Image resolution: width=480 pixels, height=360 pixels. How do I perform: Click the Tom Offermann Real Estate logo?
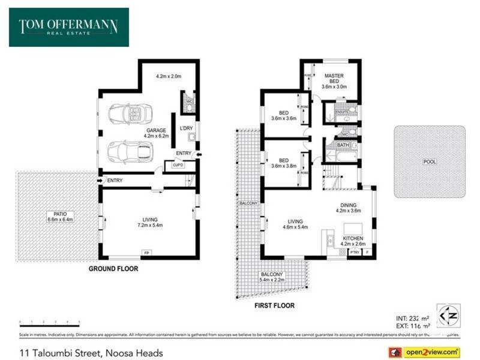click(68, 27)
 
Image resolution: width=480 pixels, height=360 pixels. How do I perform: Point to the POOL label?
click(430, 162)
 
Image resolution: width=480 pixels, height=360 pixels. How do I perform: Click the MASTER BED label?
click(334, 81)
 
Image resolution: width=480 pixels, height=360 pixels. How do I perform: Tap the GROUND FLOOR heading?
click(113, 269)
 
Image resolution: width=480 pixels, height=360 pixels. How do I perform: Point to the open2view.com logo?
click(424, 352)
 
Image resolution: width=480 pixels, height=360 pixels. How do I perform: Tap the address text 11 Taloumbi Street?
click(91, 353)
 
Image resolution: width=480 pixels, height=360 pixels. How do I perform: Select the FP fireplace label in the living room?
click(146, 253)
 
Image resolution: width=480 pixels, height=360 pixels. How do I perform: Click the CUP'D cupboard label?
click(178, 165)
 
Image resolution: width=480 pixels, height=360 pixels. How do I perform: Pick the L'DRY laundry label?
click(185, 129)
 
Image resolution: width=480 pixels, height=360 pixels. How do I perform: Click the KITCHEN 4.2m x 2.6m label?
click(352, 241)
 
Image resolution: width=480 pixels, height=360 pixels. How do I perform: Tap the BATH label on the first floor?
click(343, 145)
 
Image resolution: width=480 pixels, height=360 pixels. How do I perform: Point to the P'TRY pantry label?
click(355, 253)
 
